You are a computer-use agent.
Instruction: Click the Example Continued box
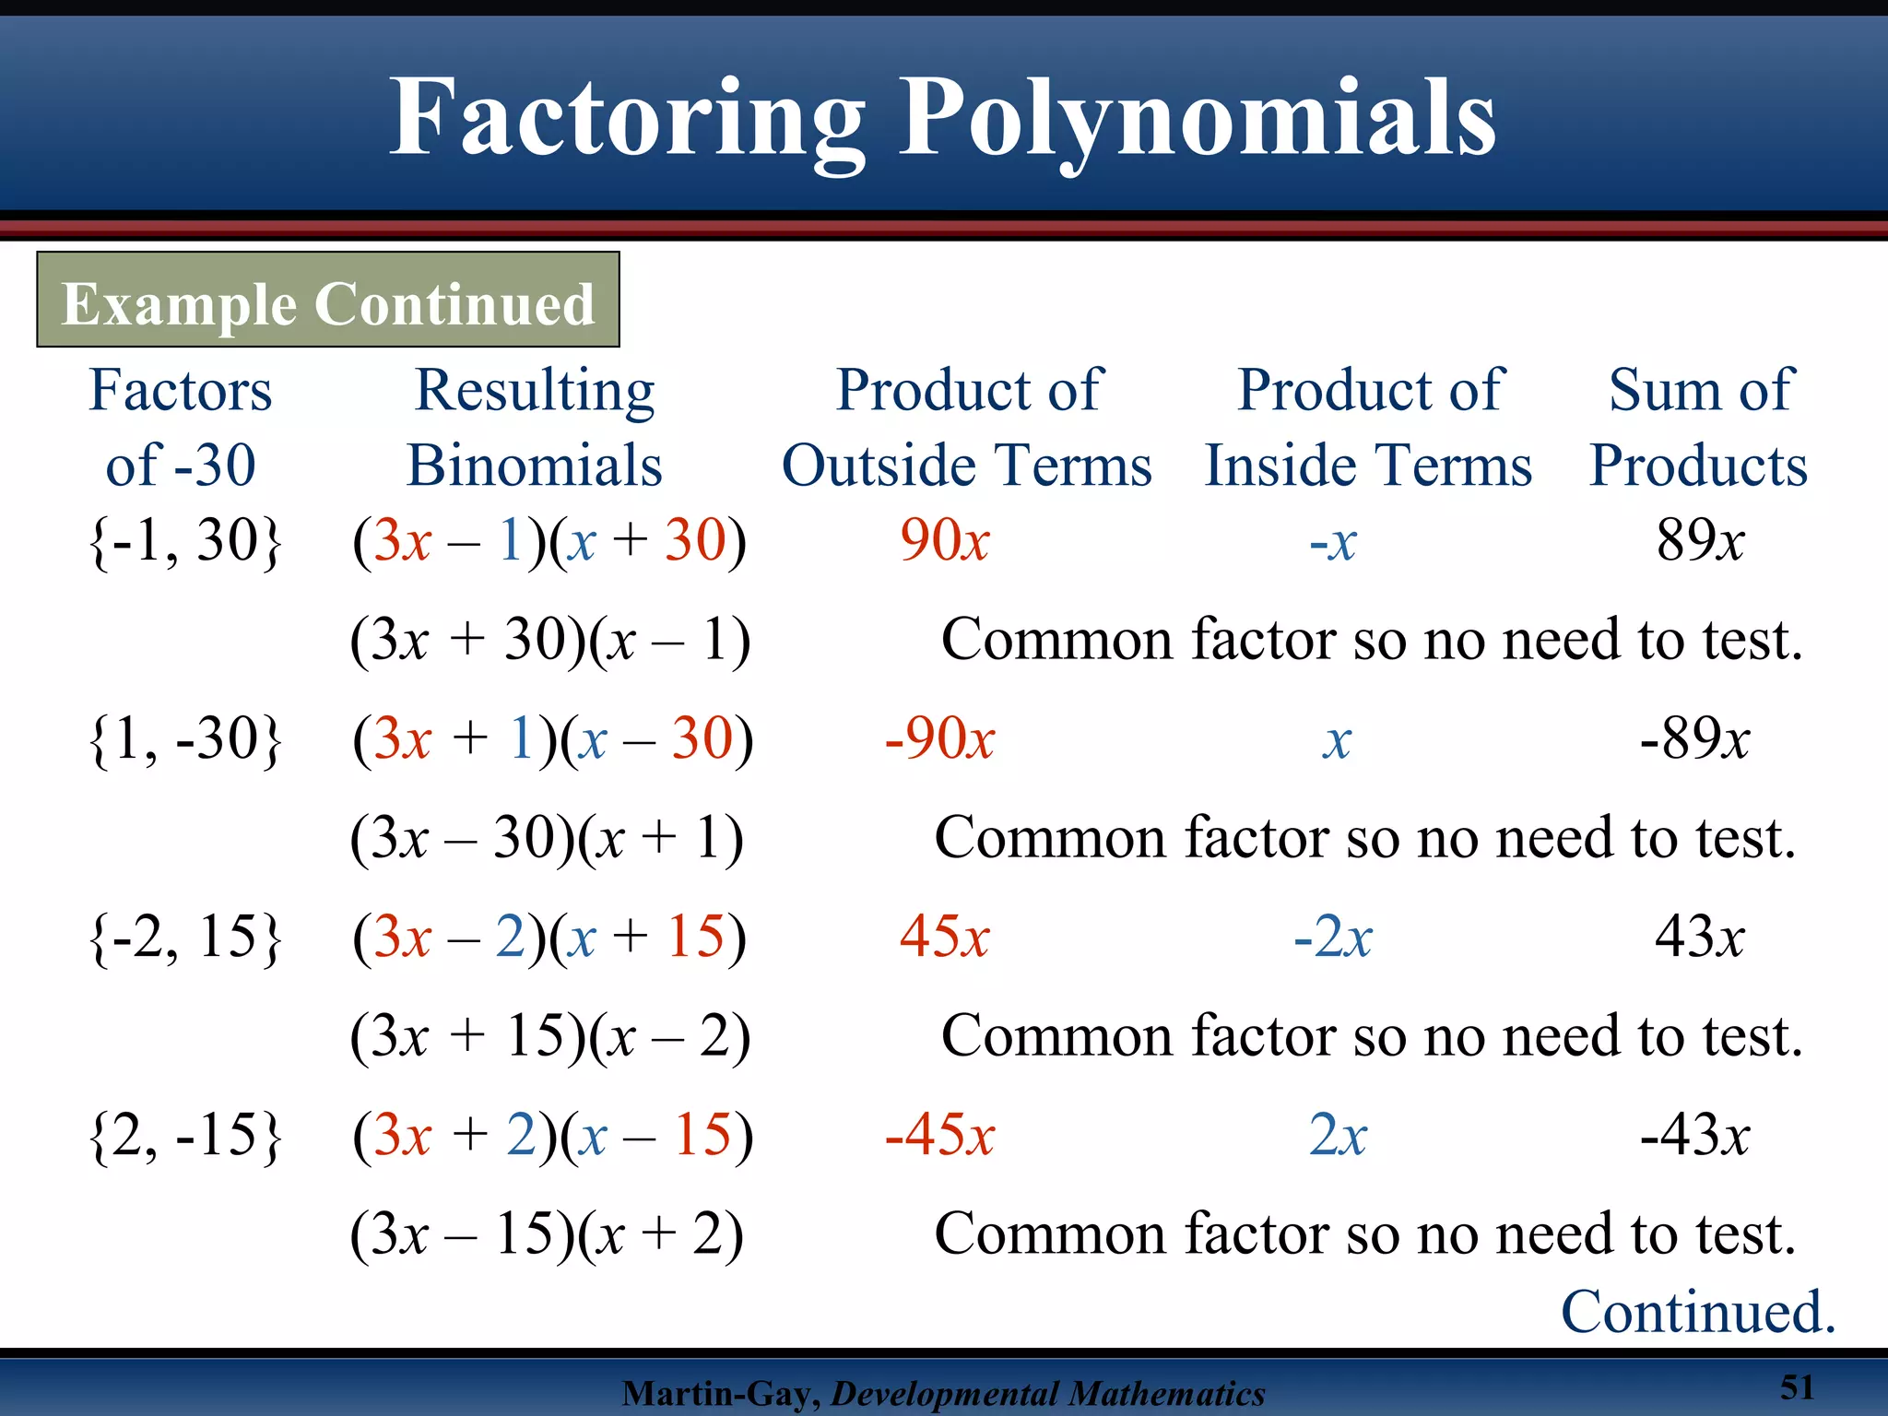(x=328, y=301)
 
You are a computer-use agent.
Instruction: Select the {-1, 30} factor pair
(x=184, y=541)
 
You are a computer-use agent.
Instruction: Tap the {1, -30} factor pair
(x=184, y=739)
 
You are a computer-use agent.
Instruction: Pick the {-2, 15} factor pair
(x=184, y=938)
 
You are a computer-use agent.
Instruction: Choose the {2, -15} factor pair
(x=184, y=1136)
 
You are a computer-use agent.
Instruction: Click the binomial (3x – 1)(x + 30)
(x=549, y=541)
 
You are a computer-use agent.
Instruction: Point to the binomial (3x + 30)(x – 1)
(x=549, y=640)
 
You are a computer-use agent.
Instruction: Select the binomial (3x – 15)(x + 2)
(x=546, y=1234)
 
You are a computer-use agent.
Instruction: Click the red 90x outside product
(x=944, y=541)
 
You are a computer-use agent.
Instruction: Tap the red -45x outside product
(x=939, y=1136)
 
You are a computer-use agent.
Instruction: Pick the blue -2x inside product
(x=1332, y=938)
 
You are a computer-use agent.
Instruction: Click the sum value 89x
(x=1700, y=541)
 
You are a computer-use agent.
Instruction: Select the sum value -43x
(x=1694, y=1136)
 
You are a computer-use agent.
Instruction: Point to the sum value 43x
(x=1699, y=938)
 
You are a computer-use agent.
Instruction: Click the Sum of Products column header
(x=1699, y=427)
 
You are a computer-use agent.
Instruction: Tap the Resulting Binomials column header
(x=535, y=427)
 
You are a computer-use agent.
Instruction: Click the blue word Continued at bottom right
(x=1698, y=1312)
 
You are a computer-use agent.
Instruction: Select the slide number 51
(x=1797, y=1387)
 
